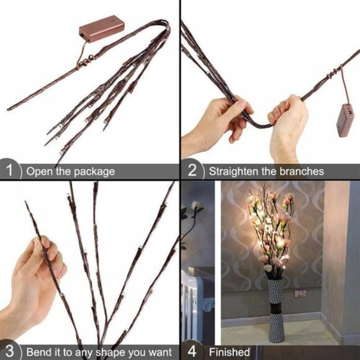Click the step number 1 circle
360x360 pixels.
pyautogui.click(x=10, y=171)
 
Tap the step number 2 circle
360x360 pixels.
pyautogui.click(x=192, y=171)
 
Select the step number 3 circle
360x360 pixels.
pyautogui.click(x=10, y=351)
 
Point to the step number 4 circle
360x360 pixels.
pyautogui.click(x=192, y=351)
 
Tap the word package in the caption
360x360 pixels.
pyautogui.click(x=92, y=171)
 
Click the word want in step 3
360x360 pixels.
pyautogui.click(x=161, y=352)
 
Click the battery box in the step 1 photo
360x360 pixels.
pyautogui.click(x=101, y=30)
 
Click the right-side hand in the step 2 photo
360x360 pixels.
pyautogui.click(x=289, y=124)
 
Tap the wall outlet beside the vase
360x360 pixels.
pyautogui.click(x=300, y=293)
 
